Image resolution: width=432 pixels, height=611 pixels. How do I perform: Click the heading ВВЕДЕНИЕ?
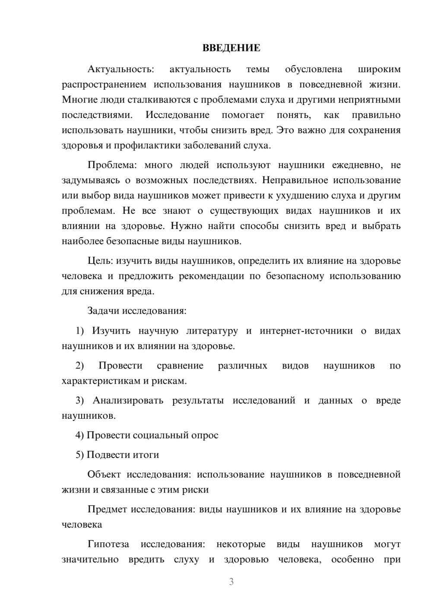pyautogui.click(x=231, y=48)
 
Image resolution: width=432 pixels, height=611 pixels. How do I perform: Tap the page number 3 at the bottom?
pyautogui.click(x=231, y=582)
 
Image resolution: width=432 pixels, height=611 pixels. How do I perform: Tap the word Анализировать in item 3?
pyautogui.click(x=128, y=401)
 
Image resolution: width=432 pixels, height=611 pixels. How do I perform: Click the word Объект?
pyautogui.click(x=104, y=474)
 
